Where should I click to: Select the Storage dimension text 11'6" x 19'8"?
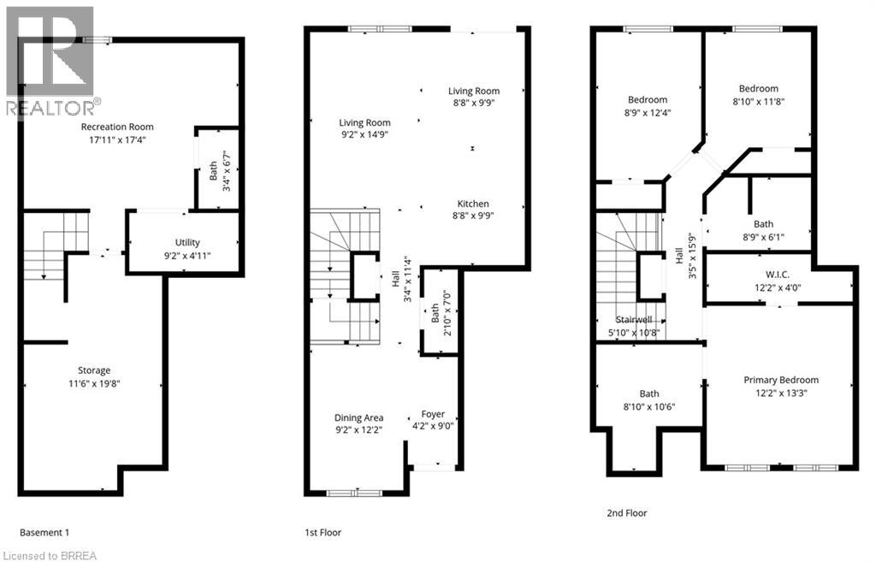point(94,384)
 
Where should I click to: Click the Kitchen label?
point(473,204)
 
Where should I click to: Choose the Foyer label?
point(433,415)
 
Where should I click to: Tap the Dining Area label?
point(358,417)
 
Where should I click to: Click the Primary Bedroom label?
point(780,380)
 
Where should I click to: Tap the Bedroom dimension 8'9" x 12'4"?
point(647,112)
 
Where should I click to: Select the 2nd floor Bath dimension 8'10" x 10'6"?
point(648,406)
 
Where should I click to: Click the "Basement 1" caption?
point(44,532)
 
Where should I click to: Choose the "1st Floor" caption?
point(323,532)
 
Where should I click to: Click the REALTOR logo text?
point(50,108)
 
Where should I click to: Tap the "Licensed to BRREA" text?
point(50,555)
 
